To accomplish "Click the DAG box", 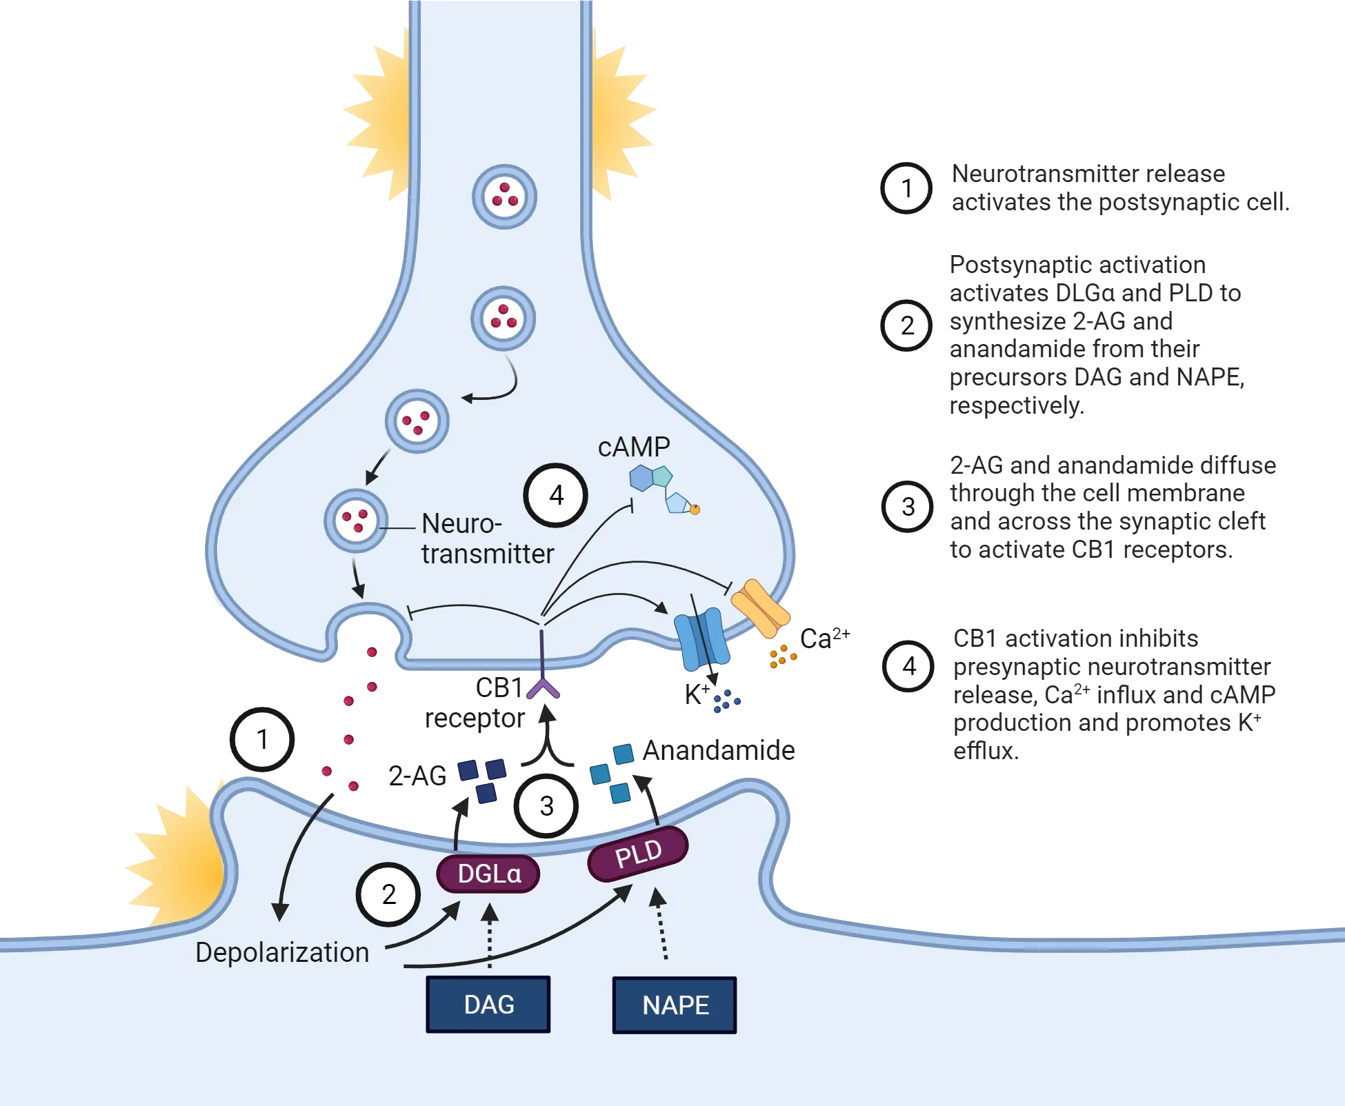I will point(488,1004).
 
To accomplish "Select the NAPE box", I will point(675,1005).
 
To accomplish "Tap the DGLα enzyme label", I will point(488,874).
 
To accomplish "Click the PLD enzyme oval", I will point(638,854).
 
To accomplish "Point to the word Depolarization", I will point(282,952).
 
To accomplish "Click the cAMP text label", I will point(633,447).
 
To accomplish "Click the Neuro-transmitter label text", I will point(486,539).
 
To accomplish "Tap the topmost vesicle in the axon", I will point(504,197).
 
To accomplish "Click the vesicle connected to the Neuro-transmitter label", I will point(356,521).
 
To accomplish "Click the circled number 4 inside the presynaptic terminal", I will point(555,495).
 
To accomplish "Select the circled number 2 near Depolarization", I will point(388,894).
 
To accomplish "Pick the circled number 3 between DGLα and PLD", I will point(546,805).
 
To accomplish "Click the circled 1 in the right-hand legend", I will point(906,188).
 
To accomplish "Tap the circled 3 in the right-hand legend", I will point(908,507).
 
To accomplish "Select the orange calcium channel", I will point(760,608).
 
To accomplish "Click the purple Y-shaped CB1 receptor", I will point(544,688).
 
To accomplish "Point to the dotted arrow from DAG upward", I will point(489,938).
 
